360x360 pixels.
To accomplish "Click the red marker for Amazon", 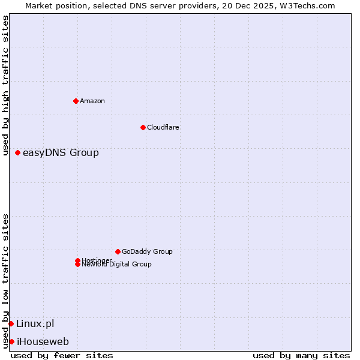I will coord(76,101).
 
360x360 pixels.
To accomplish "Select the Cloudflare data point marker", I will coord(143,127).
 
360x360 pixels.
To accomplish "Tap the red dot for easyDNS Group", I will coord(18,153).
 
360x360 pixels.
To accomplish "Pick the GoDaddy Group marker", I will coord(118,251).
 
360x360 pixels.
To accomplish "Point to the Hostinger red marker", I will coord(77,260).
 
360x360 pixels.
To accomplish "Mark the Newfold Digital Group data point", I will coord(77,265).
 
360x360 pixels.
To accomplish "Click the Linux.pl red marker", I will coord(11,324).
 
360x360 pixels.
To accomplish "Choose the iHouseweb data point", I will coord(11,342).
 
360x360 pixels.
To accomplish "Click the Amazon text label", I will coord(92,101).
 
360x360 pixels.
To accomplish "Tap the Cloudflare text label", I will coord(163,127).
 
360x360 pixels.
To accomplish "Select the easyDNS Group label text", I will coord(61,153).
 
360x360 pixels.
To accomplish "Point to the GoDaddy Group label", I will coord(147,251).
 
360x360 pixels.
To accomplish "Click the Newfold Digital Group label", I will coord(117,265).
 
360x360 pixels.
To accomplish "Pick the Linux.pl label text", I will coord(35,324).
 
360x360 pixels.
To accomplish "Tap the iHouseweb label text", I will coord(43,342).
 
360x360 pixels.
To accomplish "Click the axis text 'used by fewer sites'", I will coord(62,355).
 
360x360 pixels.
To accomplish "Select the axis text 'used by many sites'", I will coord(301,355).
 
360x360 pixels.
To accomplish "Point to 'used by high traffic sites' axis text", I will coord(6,85).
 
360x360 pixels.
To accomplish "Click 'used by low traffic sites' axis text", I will coord(6,281).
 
